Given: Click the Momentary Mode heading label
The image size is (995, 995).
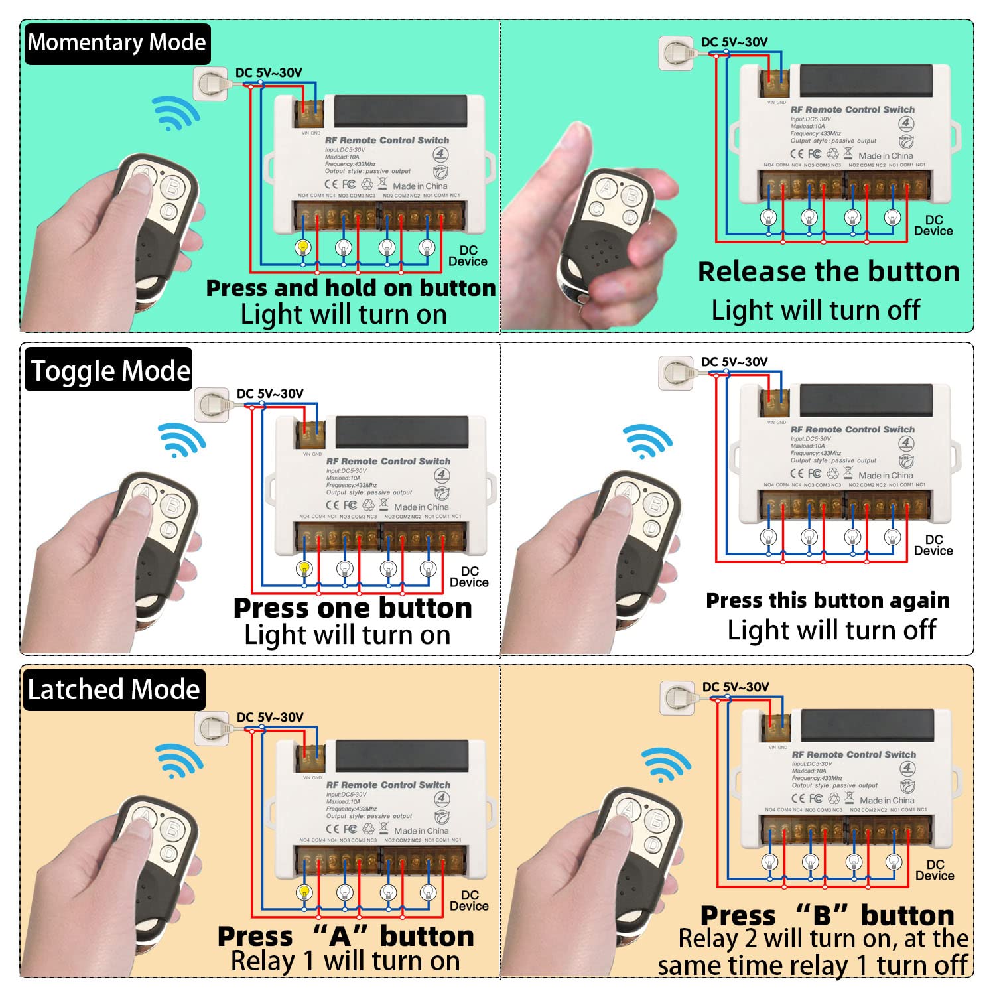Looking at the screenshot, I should point(117,43).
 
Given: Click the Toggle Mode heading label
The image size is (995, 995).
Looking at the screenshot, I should point(110,371).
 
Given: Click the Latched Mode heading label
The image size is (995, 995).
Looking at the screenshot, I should point(113,689).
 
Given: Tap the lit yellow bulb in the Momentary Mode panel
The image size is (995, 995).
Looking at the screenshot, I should point(303,247).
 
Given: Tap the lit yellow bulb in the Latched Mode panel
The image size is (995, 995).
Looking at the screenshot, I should point(304,892).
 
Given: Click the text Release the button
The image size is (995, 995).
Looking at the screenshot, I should point(828,272).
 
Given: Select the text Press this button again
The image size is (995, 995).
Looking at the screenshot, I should point(827,600).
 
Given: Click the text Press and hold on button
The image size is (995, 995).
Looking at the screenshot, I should point(350,288).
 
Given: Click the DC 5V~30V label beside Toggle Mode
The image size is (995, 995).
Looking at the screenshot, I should point(270,393).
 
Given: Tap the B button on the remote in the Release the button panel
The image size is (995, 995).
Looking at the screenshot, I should point(631,195).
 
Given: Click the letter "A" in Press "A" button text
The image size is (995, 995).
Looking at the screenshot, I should point(339,937).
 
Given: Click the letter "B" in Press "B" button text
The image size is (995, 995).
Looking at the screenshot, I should point(822,916).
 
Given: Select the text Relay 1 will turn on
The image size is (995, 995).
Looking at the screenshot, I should point(345,961).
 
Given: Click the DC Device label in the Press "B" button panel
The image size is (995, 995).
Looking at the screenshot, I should point(934,870).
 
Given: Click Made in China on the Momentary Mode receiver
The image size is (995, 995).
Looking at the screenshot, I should point(420,186).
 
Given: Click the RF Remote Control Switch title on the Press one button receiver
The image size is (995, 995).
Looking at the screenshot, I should point(388,461).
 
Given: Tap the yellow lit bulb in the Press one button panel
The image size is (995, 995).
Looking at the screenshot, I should point(304,568).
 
